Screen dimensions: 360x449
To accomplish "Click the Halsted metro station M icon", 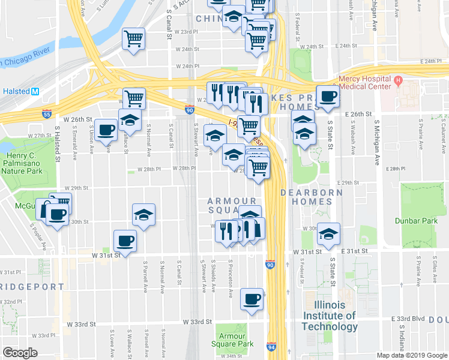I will coord(35,91).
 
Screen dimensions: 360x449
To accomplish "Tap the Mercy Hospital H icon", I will coord(397,79).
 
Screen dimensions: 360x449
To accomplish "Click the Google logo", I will coord(20,352).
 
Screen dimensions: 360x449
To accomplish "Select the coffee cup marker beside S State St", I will coord(327,97).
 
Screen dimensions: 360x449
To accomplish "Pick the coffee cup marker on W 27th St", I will coord(106,130).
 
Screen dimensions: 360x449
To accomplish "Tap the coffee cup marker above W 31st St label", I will coord(125,241).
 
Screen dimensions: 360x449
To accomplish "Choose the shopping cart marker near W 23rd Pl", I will coord(134,39).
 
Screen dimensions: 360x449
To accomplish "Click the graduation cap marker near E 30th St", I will coord(328,234).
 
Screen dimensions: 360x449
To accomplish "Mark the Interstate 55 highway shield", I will coord(47,113).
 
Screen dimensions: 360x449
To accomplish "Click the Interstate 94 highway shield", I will coord(272,346).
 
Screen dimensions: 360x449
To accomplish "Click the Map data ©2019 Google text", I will coord(411,355).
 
